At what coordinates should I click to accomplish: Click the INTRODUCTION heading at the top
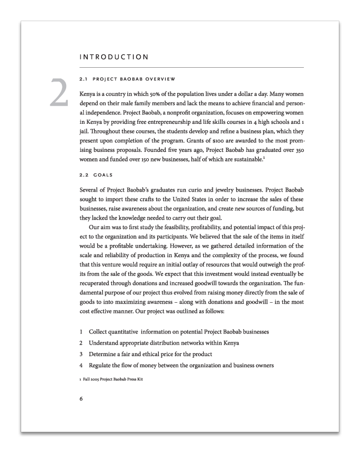(x=113, y=56)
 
